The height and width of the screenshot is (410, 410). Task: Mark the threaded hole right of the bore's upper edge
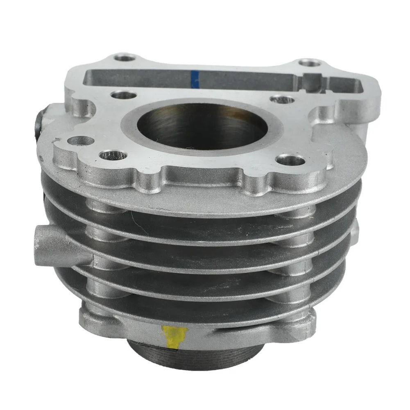(283, 99)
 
